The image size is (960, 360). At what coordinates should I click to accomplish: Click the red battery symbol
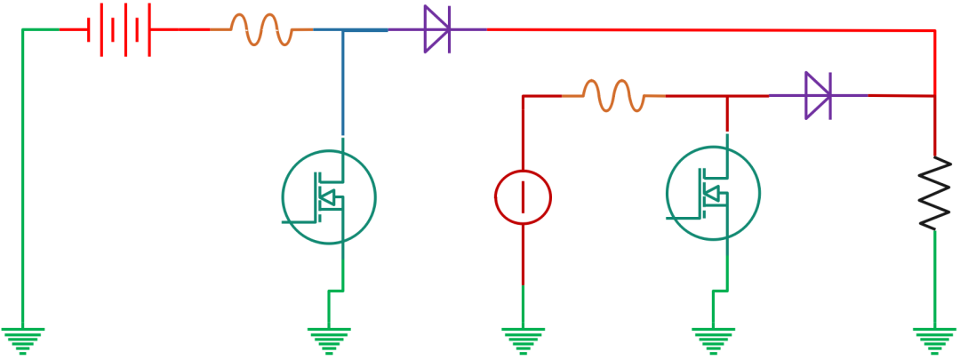pos(118,30)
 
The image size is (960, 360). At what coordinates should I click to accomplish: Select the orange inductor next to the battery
pos(261,29)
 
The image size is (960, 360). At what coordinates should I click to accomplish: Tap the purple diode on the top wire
pos(436,30)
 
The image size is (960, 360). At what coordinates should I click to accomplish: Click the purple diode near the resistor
pos(818,95)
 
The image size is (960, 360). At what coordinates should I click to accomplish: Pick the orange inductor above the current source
pos(612,95)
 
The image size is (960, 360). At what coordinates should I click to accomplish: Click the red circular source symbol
pos(523,197)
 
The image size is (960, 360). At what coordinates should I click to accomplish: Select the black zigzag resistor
pos(934,193)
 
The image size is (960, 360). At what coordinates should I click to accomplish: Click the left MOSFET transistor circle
pos(329,196)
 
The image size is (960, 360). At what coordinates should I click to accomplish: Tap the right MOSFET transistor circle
pos(713,193)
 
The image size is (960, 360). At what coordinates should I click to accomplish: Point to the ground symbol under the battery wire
pos(22,339)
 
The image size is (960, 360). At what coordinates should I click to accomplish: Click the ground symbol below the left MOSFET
pos(329,339)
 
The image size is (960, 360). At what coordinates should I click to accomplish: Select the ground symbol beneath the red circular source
pos(523,339)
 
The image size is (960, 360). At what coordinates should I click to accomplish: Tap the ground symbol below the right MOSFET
pos(713,339)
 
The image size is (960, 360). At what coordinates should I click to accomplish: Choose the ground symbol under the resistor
pos(934,339)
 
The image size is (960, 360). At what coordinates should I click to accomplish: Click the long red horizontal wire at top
pos(711,30)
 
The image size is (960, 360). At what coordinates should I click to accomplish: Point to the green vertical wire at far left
pos(22,178)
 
